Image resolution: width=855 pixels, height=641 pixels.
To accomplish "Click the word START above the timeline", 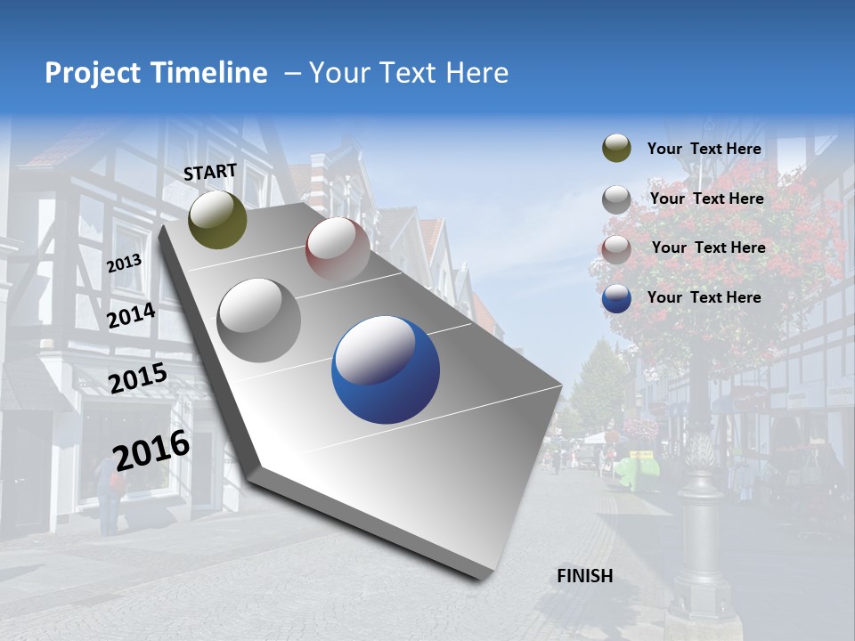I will (x=210, y=171).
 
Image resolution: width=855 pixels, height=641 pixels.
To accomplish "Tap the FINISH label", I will (x=584, y=576).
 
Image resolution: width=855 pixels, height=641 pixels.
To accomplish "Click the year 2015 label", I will (x=137, y=378).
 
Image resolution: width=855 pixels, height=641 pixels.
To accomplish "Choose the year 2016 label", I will (x=151, y=450).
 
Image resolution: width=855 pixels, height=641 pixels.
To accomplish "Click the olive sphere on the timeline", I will (x=217, y=219).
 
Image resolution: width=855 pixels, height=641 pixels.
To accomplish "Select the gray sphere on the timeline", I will (x=259, y=320).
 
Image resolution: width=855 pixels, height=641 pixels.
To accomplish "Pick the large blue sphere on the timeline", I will (x=386, y=370).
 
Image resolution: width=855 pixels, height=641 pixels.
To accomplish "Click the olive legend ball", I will (x=616, y=149).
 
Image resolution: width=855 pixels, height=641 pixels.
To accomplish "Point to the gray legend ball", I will (x=616, y=199).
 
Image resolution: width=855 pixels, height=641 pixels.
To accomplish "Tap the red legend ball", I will (x=616, y=248).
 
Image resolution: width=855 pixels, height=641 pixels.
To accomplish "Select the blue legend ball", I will (x=616, y=298).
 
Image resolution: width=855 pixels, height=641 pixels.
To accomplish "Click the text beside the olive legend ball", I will (x=704, y=149).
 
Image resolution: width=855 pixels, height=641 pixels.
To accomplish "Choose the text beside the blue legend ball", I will (x=704, y=297).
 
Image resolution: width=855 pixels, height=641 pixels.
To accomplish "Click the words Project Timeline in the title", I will (x=156, y=73).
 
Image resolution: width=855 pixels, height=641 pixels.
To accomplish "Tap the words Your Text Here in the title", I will (x=409, y=73).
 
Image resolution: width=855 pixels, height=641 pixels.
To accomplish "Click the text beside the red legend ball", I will (x=708, y=247).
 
